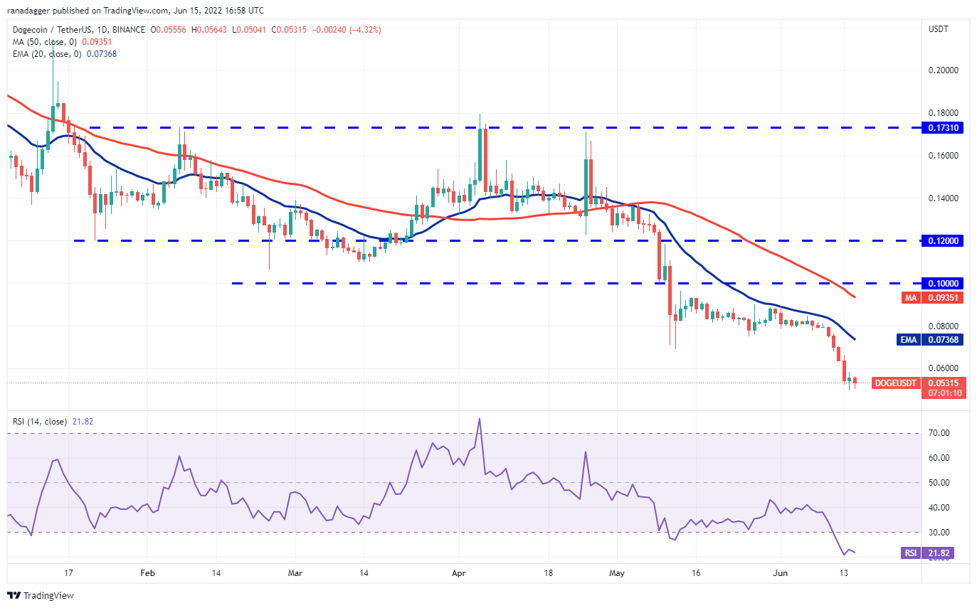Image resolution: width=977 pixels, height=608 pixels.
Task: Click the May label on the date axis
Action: (x=616, y=572)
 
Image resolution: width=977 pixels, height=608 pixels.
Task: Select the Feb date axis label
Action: (x=147, y=572)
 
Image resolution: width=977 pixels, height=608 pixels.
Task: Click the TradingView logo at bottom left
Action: (x=41, y=595)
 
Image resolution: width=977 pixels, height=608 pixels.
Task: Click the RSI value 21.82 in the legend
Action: (x=83, y=422)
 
